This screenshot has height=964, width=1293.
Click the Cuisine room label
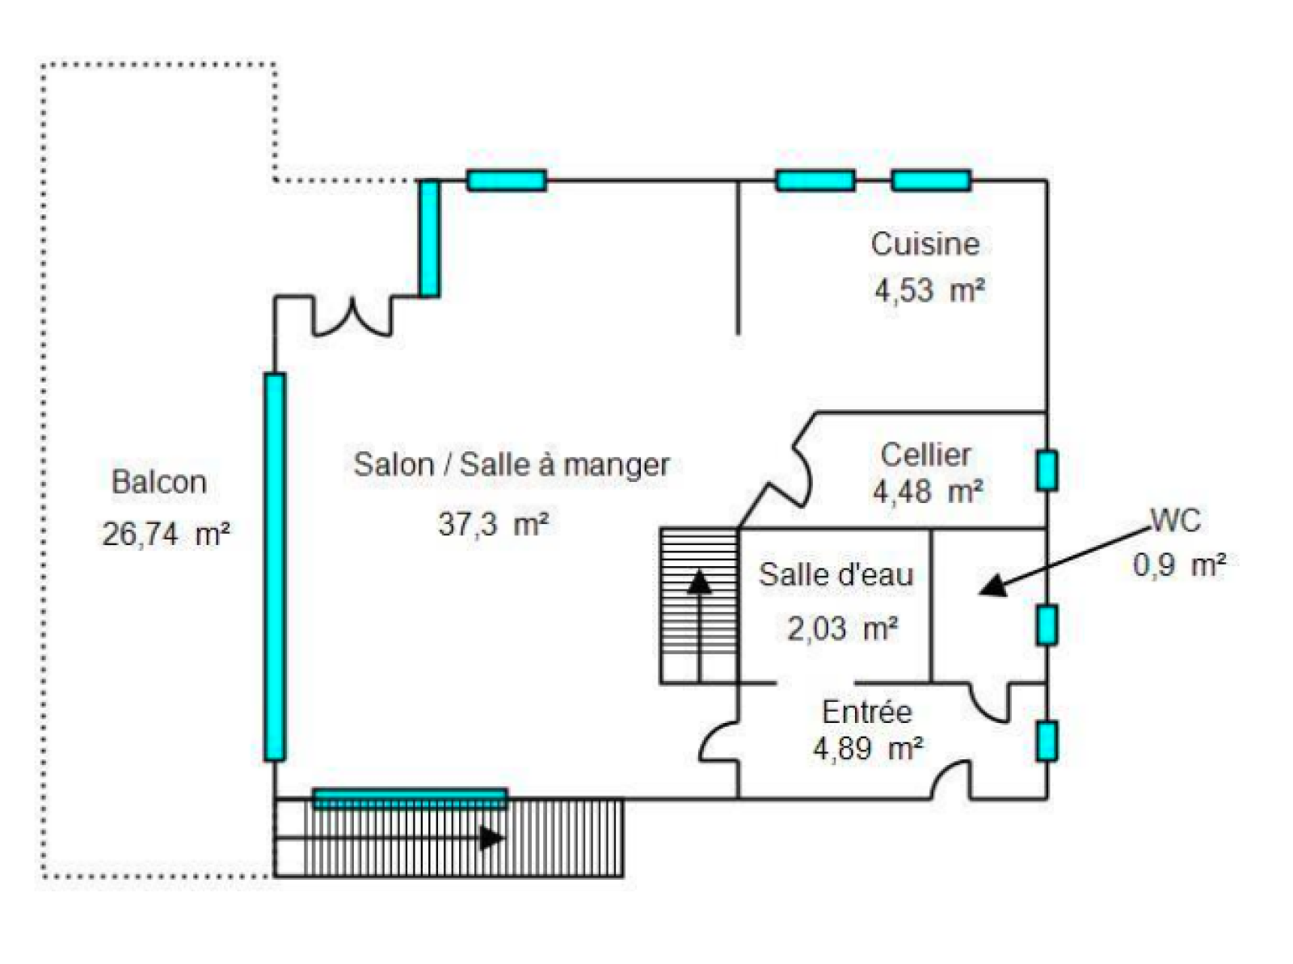coord(924,243)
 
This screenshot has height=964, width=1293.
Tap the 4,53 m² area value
coord(929,290)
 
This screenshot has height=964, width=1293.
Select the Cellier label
coord(925,455)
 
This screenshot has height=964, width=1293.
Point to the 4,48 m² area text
coord(928,491)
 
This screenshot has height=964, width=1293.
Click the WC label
coord(1175,520)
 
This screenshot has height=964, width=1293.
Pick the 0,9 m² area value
coord(1179,564)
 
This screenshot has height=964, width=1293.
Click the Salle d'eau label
coord(836,574)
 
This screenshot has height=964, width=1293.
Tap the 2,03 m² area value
coord(842,628)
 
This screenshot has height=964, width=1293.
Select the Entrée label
coord(866,712)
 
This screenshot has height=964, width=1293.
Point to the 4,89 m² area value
coord(867,749)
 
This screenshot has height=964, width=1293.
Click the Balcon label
coord(159,482)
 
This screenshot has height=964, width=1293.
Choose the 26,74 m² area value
coord(166,534)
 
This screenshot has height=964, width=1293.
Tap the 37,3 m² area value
coord(493,524)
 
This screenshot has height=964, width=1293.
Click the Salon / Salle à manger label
coord(512,464)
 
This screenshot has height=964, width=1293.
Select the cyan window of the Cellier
coord(1047,471)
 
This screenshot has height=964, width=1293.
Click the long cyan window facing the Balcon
coord(275,566)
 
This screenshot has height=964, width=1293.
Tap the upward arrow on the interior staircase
coord(699,582)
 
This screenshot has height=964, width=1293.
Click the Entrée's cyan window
coord(1047,741)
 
